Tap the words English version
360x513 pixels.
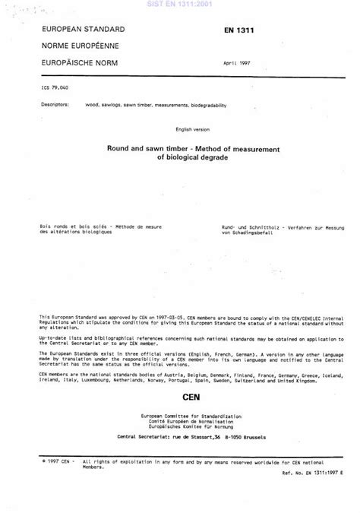click(179, 129)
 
